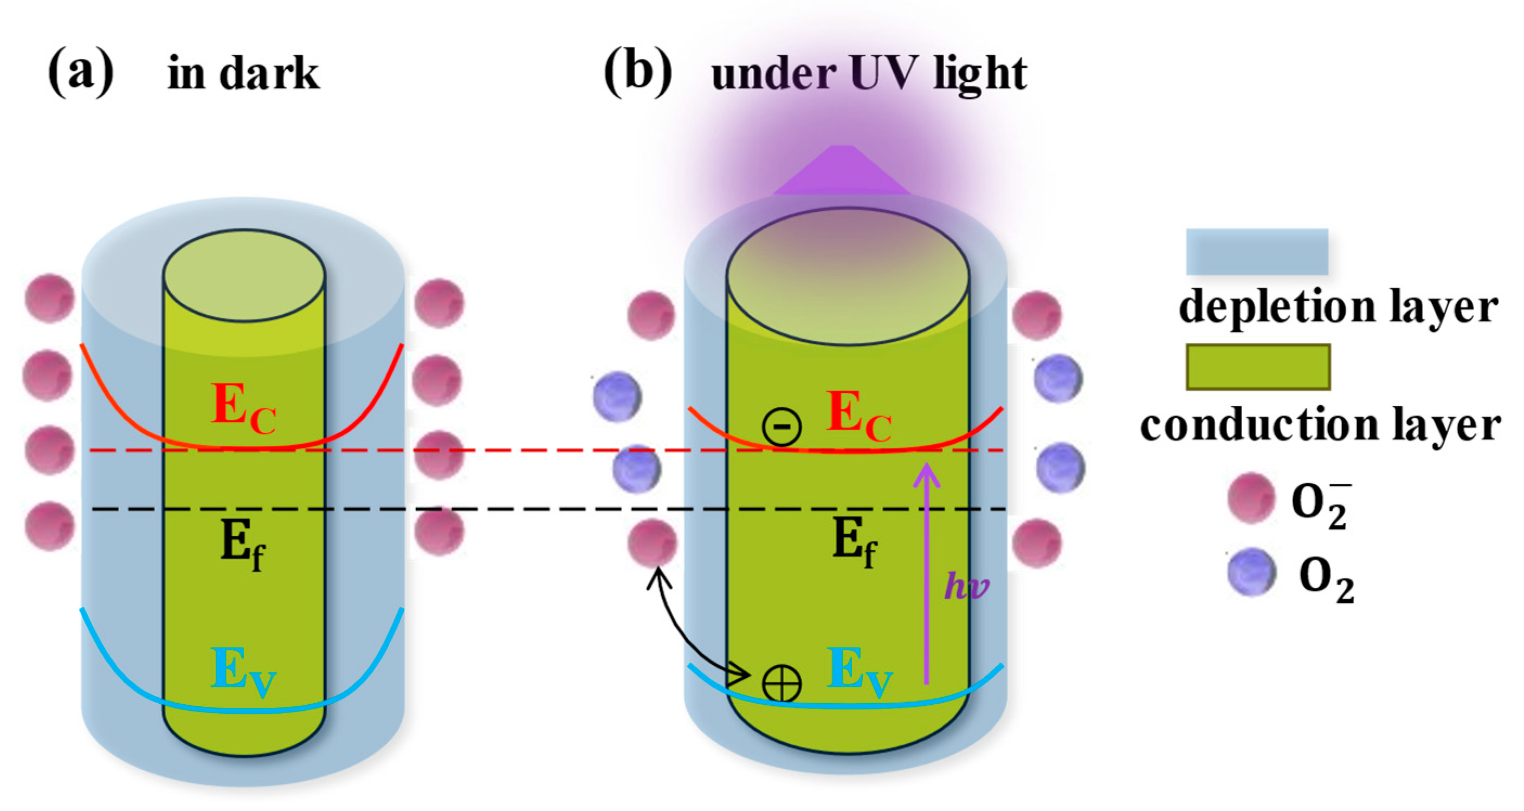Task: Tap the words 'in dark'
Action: point(243,73)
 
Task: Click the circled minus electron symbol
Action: point(782,426)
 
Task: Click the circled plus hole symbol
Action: point(782,684)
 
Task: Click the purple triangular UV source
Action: point(841,172)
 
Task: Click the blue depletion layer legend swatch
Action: point(1257,252)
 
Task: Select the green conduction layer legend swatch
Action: point(1258,367)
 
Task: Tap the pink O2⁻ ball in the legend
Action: point(1251,497)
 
